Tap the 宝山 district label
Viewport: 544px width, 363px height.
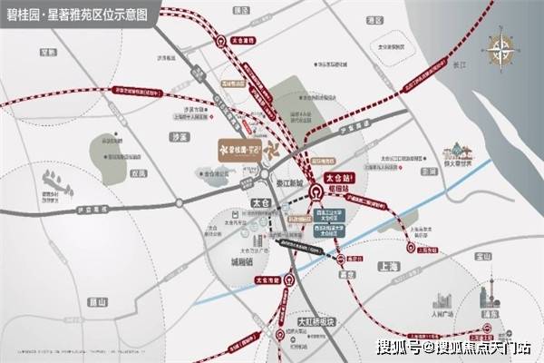point(483,258)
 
